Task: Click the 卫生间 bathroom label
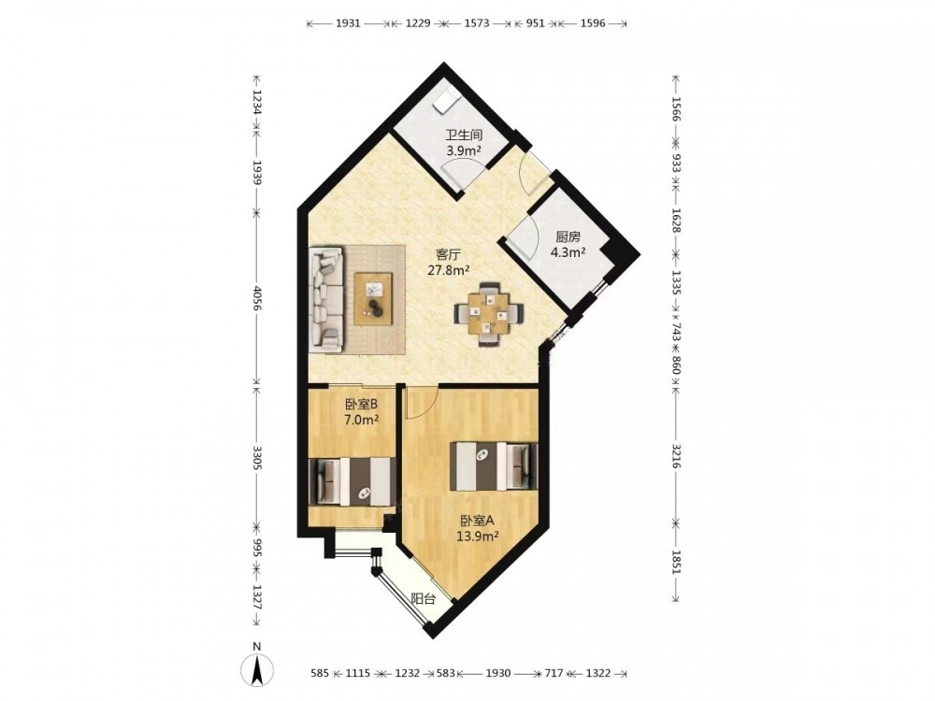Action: [x=464, y=136]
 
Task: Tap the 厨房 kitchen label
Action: [x=567, y=236]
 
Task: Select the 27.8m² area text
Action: [x=449, y=270]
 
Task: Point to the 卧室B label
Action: [x=361, y=405]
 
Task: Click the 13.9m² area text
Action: [x=478, y=536]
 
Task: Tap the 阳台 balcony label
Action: [x=423, y=599]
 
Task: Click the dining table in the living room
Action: [x=489, y=313]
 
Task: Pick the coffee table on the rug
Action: [x=373, y=299]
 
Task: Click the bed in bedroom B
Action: [x=352, y=481]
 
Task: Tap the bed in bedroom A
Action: [x=493, y=466]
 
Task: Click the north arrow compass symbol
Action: [x=257, y=669]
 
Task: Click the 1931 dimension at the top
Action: [x=348, y=23]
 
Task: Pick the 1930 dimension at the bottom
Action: [x=498, y=673]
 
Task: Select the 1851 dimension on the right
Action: [x=676, y=561]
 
